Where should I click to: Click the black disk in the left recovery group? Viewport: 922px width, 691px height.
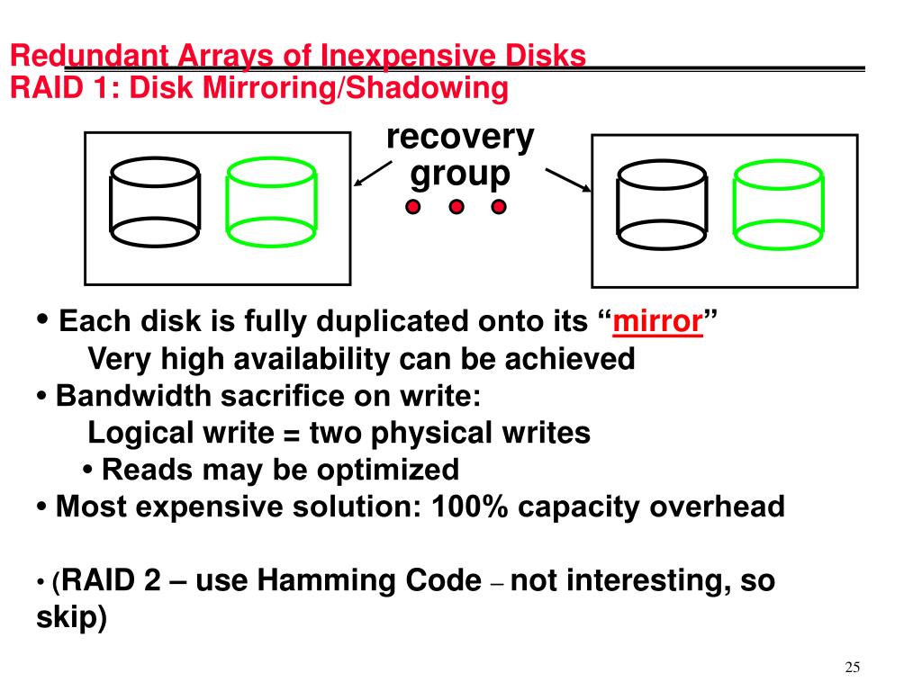point(154,202)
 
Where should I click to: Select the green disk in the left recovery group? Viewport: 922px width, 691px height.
point(270,202)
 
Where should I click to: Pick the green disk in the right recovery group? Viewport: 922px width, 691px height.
point(777,204)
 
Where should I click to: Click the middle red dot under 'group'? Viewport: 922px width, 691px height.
point(456,208)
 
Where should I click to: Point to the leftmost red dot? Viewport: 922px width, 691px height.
point(412,208)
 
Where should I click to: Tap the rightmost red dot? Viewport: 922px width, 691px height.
point(500,208)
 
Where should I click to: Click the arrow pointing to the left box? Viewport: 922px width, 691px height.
point(372,174)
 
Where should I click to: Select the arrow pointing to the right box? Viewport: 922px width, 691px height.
point(568,179)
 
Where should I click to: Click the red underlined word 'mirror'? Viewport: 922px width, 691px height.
point(657,321)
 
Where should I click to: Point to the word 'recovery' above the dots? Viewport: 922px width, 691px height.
point(460,139)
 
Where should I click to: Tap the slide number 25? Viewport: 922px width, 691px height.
point(853,667)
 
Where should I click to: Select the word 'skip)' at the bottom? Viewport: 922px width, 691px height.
point(71,619)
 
